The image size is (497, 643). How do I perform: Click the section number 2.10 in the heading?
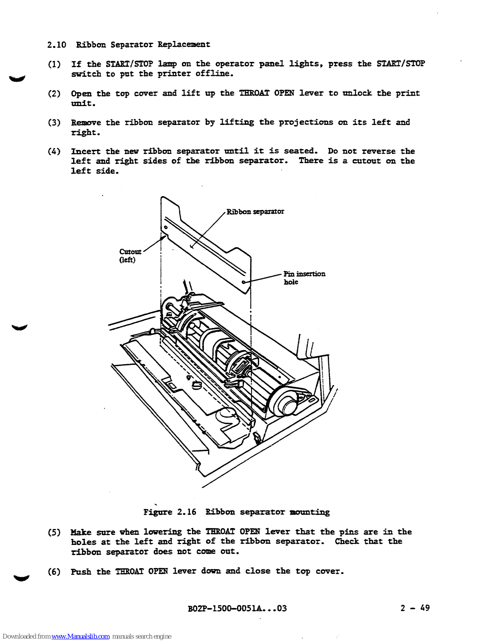point(56,45)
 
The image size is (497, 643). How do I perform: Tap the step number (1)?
point(54,64)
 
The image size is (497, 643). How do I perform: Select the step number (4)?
point(54,152)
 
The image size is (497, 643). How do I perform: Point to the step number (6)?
point(54,572)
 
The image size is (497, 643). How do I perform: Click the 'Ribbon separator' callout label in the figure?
point(255,212)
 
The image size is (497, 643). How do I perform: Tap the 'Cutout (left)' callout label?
point(130,256)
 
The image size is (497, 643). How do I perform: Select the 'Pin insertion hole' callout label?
point(304,278)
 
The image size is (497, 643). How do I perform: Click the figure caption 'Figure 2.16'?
point(170,512)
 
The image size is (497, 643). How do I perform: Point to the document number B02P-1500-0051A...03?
point(237,608)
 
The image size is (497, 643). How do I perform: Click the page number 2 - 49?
point(415,608)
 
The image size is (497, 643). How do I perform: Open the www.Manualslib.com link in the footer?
point(80,637)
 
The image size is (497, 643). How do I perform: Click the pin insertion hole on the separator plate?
point(243,282)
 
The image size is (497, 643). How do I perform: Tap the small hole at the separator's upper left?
point(166,227)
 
